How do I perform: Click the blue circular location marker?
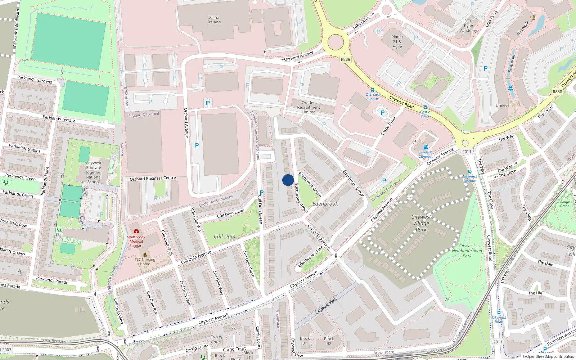click(288, 180)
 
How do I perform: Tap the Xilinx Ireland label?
click(214, 20)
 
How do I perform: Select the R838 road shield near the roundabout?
click(345, 59)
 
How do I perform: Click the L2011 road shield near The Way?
click(465, 152)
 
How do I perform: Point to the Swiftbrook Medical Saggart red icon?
click(136, 231)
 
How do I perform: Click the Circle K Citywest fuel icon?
click(426, 147)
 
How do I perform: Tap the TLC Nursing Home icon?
click(145, 254)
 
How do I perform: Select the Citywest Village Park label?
click(421, 223)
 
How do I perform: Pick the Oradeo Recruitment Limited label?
click(309, 107)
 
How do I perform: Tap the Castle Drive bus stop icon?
click(425, 107)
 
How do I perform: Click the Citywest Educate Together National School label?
click(94, 172)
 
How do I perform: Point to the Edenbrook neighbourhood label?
click(325, 204)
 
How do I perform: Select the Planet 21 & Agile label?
click(397, 42)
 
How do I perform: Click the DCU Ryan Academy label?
click(468, 26)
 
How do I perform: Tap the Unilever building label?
click(503, 105)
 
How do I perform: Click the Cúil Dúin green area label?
click(224, 237)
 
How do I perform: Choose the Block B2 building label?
click(329, 341)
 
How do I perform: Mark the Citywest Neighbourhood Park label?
click(467, 251)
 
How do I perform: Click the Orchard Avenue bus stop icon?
click(372, 90)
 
